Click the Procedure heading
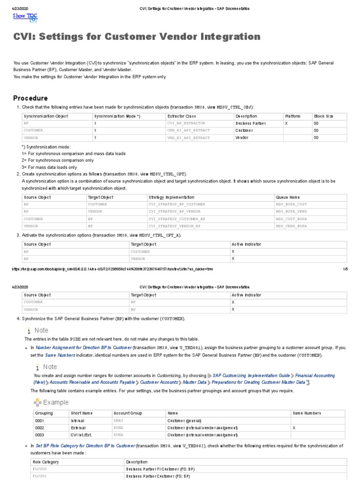pos(30,98)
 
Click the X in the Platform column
pos(286,123)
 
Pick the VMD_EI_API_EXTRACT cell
pos(188,138)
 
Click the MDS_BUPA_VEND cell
pos(291,211)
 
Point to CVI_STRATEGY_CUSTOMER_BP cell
pos(177,219)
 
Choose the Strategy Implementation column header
pos(171,197)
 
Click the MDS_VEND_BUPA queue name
pos(291,226)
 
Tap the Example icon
pos(37,402)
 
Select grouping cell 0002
pos(40,428)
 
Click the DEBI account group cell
pos(118,420)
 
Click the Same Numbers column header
pos(307,413)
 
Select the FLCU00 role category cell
pos(40,469)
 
